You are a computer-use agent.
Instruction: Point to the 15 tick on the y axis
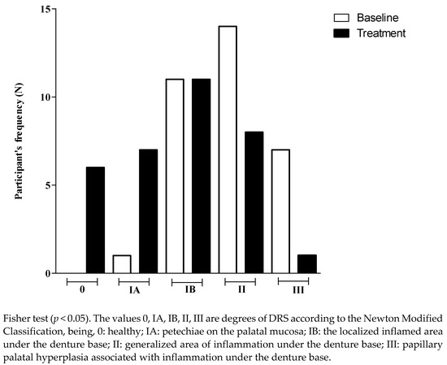tap(49, 10)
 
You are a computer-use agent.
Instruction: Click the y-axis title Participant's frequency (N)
tap(17, 142)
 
